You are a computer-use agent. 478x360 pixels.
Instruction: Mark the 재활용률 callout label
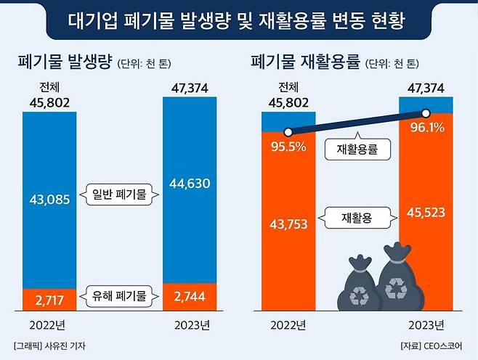[358, 150]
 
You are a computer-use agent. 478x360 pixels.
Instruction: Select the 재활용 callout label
[357, 216]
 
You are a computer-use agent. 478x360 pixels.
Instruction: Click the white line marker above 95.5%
[288, 132]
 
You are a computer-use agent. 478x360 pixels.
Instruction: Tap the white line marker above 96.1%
[426, 112]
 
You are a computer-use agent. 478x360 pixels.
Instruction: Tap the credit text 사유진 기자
[64, 345]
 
